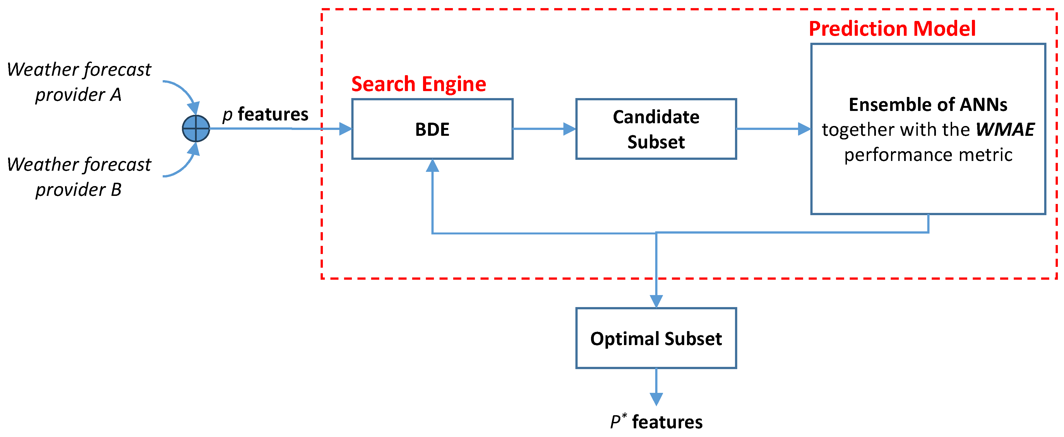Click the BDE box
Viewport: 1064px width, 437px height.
432,129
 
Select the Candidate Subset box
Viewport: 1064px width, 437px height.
656,129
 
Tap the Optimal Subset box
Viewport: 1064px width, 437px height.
656,338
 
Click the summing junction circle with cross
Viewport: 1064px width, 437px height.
196,129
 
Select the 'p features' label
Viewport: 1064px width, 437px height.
265,114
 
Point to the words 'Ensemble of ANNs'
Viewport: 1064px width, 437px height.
928,104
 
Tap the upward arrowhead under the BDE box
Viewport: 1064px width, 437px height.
432,166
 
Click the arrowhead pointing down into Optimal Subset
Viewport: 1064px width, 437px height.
656,301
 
